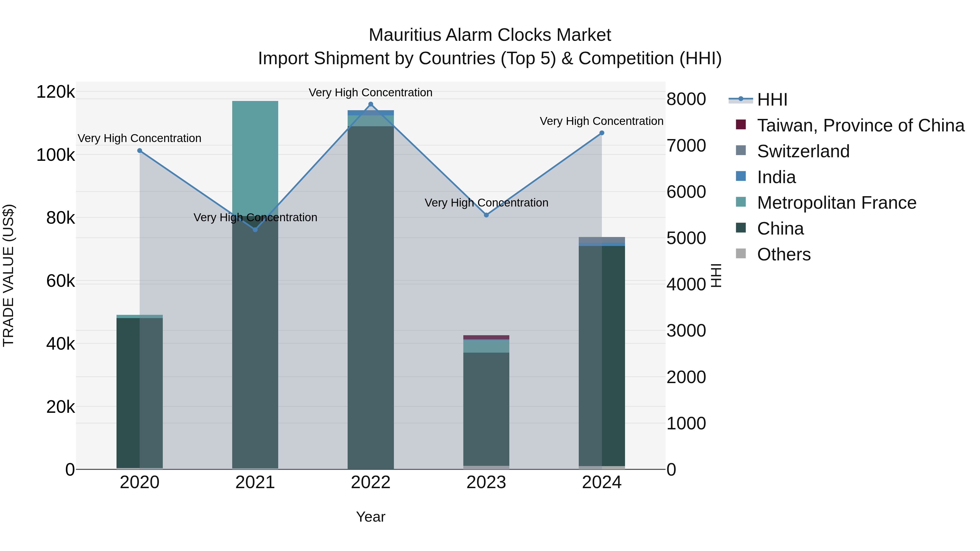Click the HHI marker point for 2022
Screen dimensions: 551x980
pyautogui.click(x=370, y=104)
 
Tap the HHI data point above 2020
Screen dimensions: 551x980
pyautogui.click(x=140, y=150)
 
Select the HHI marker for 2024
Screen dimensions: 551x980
pyautogui.click(x=601, y=133)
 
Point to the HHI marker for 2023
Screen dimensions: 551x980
pyautogui.click(x=486, y=215)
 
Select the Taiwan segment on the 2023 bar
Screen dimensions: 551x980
pyautogui.click(x=486, y=337)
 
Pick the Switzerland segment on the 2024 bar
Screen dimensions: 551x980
pyautogui.click(x=601, y=239)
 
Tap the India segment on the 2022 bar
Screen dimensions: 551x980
pyautogui.click(x=370, y=113)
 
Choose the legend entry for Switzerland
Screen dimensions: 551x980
pyautogui.click(x=803, y=151)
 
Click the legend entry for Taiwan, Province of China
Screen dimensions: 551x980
pyautogui.click(x=860, y=125)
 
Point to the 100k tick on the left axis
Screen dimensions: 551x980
pyautogui.click(x=56, y=155)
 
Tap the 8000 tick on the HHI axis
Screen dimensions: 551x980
pyautogui.click(x=686, y=99)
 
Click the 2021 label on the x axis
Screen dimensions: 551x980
pyautogui.click(x=255, y=482)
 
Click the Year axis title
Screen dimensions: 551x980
pyautogui.click(x=370, y=517)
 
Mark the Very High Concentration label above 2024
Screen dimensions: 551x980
pyautogui.click(x=601, y=121)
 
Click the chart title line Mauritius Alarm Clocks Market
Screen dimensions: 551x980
pyautogui.click(x=490, y=35)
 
